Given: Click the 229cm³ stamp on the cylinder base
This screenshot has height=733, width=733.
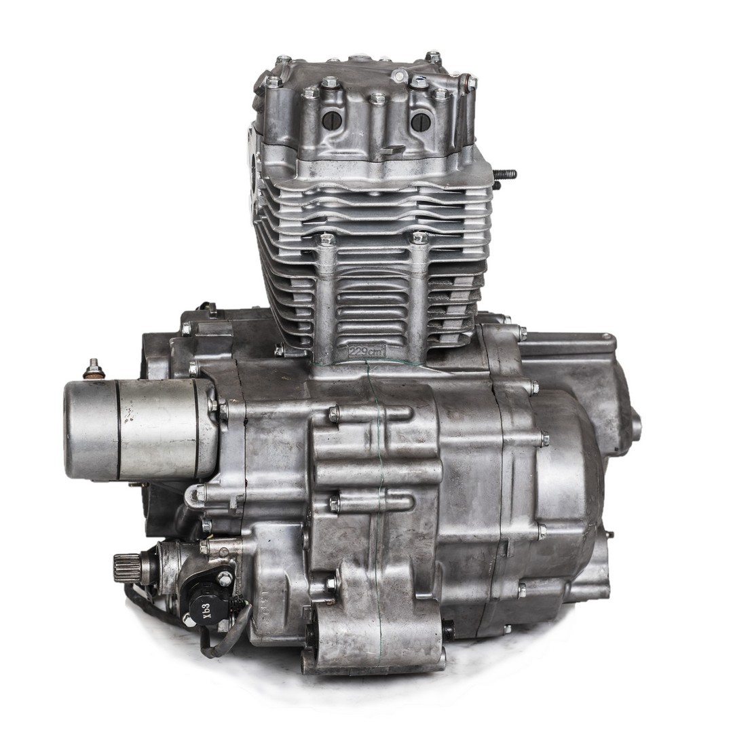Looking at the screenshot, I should coord(366,352).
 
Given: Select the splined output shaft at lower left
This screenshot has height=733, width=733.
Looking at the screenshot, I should coord(126,567).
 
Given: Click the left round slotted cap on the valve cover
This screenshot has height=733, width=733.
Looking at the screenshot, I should coord(331,121).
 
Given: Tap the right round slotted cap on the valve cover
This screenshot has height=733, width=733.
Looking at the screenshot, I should coord(420,121).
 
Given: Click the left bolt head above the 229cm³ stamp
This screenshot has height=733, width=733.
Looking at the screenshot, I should coord(327,240).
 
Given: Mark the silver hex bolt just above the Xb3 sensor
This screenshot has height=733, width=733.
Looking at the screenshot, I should coord(224,578).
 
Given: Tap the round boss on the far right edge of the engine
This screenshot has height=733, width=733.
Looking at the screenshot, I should coord(636,425).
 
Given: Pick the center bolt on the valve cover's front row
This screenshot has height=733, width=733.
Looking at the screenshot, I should coord(377,99).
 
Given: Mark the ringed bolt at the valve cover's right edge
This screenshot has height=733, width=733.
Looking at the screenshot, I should coord(468,83).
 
